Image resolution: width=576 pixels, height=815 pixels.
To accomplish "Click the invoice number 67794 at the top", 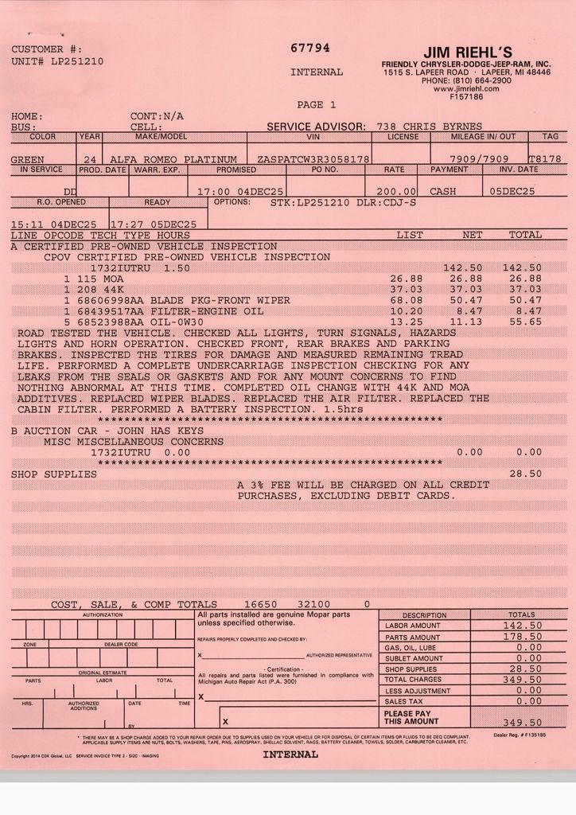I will click(x=310, y=48).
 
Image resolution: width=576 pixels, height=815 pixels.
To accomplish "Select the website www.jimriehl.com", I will click(x=466, y=89).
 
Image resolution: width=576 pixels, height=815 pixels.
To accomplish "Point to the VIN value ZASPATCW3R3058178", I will click(x=313, y=159).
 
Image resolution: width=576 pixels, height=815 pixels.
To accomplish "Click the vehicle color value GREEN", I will click(x=28, y=159).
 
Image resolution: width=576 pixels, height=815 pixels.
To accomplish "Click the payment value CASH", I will click(x=443, y=191).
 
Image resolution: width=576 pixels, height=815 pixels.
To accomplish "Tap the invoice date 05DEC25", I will click(x=512, y=191).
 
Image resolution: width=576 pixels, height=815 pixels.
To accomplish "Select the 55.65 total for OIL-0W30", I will click(x=525, y=322).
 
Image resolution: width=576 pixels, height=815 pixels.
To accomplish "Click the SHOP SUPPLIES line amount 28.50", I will click(x=525, y=474).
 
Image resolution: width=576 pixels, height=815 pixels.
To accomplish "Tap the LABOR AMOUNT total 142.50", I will click(x=523, y=626).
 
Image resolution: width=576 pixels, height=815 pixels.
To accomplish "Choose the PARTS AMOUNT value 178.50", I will click(x=523, y=637).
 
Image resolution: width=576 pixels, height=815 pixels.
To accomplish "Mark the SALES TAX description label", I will click(x=403, y=701).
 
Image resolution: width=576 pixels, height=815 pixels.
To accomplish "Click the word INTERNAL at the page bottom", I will click(x=290, y=754).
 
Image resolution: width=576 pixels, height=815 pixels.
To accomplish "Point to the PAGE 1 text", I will click(x=316, y=104).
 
